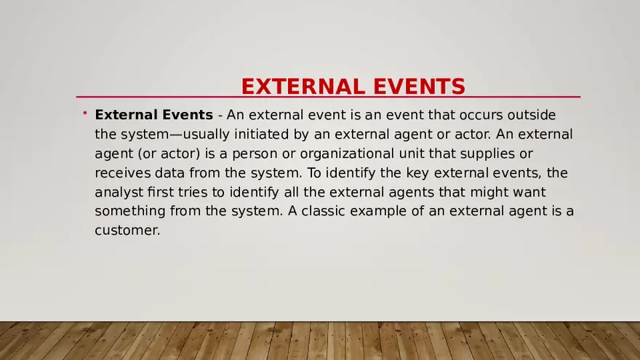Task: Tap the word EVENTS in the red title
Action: (x=419, y=87)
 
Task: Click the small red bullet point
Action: (x=84, y=113)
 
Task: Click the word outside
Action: (x=534, y=115)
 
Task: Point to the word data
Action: (x=169, y=173)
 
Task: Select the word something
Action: (x=130, y=211)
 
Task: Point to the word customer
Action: (x=127, y=231)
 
